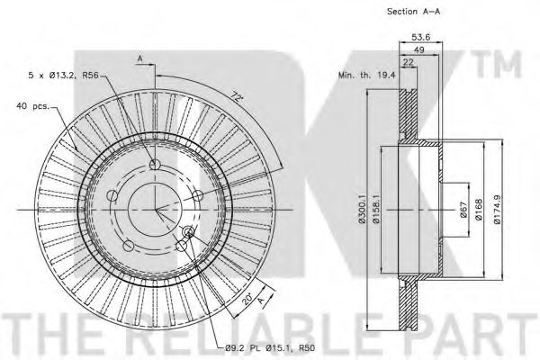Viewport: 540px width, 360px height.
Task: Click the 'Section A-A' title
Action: coord(413,12)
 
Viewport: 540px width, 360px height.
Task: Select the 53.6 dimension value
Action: coord(421,37)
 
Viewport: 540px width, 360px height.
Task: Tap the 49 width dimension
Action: coord(418,50)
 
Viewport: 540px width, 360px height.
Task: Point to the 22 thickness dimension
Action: coord(408,62)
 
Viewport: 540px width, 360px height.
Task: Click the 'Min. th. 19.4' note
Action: coord(367,75)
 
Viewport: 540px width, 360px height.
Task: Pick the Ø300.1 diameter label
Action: coord(361,209)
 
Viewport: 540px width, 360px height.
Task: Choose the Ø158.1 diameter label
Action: coord(375,209)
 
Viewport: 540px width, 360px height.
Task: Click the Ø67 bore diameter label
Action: coord(463,210)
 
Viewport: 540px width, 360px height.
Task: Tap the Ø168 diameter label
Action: coord(478,209)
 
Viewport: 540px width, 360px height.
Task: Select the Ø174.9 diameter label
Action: coord(497,210)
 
